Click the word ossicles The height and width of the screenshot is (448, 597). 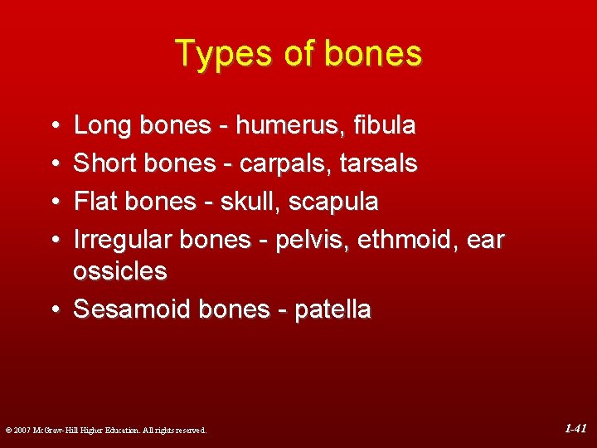click(119, 271)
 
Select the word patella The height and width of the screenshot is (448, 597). click(332, 309)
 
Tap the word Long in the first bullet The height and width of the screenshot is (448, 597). click(101, 126)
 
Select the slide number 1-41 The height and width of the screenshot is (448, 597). click(575, 429)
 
